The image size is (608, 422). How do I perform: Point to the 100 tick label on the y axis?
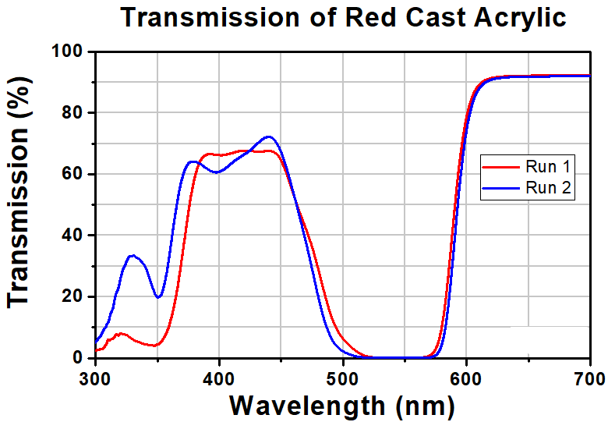point(65,51)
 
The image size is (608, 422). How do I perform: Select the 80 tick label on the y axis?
point(71,113)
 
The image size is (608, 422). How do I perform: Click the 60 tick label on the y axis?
point(71,174)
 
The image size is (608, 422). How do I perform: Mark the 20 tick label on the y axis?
point(71,296)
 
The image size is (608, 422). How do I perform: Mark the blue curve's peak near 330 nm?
point(133,255)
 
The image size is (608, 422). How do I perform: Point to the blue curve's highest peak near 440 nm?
point(269,137)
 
